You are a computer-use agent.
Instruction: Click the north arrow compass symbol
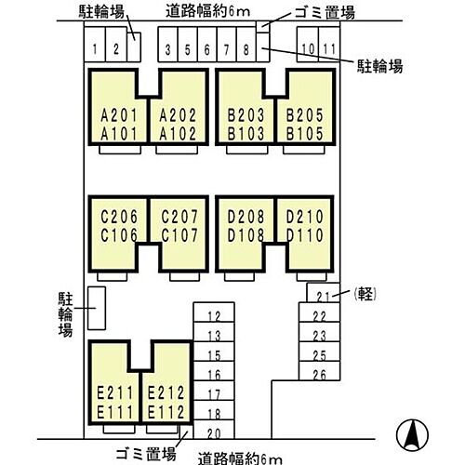point(413,434)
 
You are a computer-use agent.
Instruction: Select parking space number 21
point(324,292)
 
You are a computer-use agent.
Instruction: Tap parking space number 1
point(95,45)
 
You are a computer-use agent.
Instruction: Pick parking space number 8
point(246,45)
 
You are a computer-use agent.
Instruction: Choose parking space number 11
point(329,45)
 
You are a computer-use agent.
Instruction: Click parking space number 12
point(214,312)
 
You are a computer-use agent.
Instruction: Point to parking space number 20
point(214,430)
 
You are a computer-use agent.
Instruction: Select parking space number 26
point(319,371)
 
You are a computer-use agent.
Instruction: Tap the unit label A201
point(119,115)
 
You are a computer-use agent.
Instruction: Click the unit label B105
point(304,134)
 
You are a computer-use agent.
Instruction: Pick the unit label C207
point(179,217)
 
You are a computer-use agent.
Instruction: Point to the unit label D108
point(246,235)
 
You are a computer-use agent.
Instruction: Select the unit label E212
point(166,393)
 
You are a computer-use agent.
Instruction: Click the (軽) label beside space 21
point(365,293)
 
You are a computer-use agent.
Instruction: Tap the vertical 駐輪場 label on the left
point(65,314)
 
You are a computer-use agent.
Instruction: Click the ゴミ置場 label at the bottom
point(146,454)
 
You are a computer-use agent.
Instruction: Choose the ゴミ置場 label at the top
point(325,13)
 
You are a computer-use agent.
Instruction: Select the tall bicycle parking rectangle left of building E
point(97,308)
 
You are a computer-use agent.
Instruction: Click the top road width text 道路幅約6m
point(207,11)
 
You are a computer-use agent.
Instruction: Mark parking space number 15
point(214,352)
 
